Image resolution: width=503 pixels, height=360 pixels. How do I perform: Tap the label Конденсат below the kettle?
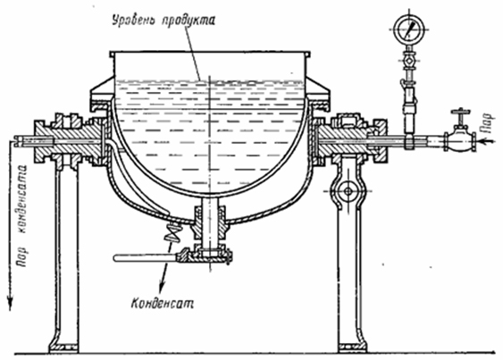tap(163, 303)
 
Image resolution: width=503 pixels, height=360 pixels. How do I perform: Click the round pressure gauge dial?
tap(409, 29)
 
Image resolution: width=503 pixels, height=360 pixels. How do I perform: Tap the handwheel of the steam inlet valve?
tap(460, 112)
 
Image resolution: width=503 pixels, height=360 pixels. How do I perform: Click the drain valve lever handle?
tap(146, 257)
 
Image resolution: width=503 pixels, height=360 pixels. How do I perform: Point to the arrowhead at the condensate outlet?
tap(162, 286)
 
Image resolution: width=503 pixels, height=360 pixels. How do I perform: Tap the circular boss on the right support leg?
tap(348, 191)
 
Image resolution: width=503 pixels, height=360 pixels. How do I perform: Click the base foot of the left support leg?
tap(64, 347)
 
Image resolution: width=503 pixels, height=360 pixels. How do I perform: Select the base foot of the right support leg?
tap(352, 347)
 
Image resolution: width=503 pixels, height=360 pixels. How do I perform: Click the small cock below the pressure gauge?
tap(408, 61)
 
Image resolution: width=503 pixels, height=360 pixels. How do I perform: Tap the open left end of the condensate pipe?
tap(17, 141)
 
